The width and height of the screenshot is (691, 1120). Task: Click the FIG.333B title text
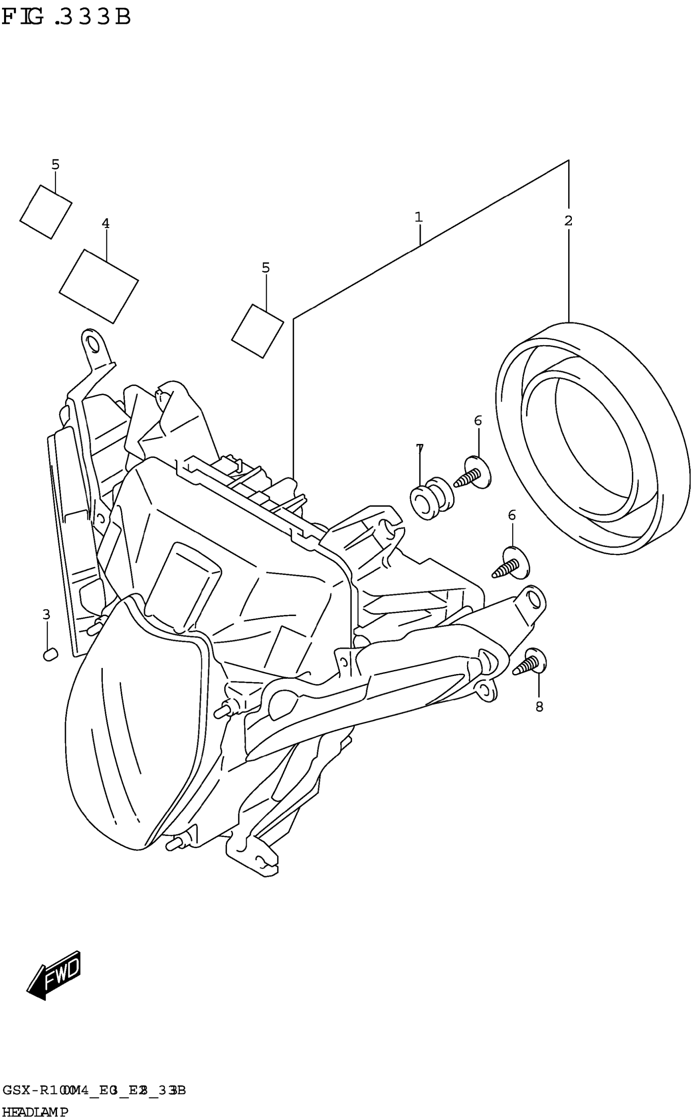(66, 17)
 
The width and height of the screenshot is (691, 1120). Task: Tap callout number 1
(418, 217)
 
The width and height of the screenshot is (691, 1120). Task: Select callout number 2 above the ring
(568, 221)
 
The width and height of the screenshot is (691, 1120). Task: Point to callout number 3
(46, 615)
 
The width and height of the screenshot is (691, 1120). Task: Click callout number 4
(106, 224)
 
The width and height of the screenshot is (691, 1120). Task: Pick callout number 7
(419, 449)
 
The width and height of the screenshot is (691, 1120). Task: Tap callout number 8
(539, 707)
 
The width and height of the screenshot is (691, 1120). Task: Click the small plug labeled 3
(50, 655)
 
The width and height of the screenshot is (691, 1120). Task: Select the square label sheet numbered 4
(99, 286)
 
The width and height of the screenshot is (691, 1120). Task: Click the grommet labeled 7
(431, 498)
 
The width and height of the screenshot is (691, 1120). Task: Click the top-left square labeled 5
(46, 211)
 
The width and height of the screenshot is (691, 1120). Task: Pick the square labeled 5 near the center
(257, 331)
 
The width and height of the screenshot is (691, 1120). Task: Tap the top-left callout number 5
(55, 165)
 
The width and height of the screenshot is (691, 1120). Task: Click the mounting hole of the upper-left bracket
(93, 343)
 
